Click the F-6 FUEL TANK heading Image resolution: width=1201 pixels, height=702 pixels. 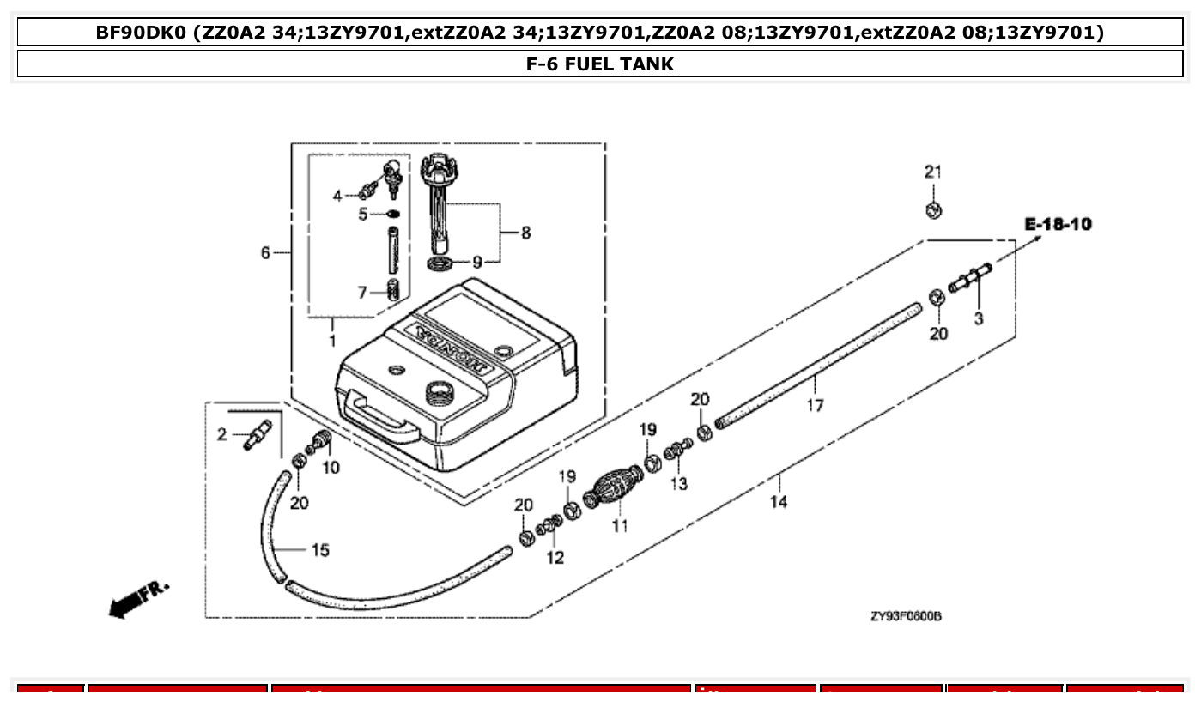pyautogui.click(x=600, y=64)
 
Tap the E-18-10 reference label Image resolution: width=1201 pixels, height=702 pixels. pyautogui.click(x=1058, y=225)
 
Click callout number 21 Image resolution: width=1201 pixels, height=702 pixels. pyautogui.click(x=932, y=172)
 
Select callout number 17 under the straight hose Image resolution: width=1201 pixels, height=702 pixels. pyautogui.click(x=814, y=404)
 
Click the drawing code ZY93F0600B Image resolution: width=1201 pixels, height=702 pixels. pyautogui.click(x=905, y=616)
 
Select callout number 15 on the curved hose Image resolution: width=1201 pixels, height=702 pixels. pyautogui.click(x=319, y=550)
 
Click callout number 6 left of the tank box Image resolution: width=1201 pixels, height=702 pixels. pyautogui.click(x=266, y=252)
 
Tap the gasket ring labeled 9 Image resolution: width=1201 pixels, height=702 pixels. pyautogui.click(x=440, y=262)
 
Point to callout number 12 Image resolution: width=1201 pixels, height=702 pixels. pyautogui.click(x=555, y=558)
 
